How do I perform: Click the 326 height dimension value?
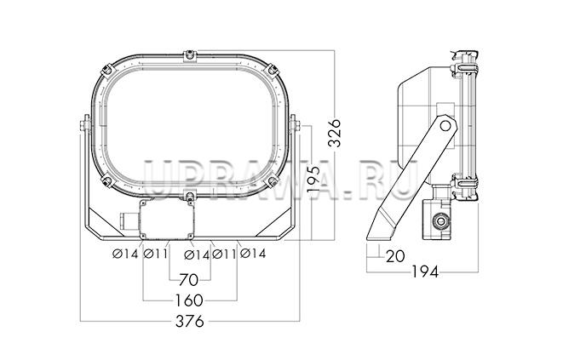tap(335, 133)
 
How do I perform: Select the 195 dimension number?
tap(313, 180)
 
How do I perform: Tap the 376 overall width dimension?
tap(190, 321)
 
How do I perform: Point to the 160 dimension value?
tap(189, 300)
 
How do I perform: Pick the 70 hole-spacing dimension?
tap(189, 280)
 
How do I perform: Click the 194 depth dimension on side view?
tap(425, 272)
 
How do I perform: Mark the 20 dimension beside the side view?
tap(395, 256)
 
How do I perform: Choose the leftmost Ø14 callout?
tap(125, 254)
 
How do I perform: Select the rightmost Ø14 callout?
tap(253, 254)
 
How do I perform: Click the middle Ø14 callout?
tap(197, 255)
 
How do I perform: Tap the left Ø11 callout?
tap(156, 254)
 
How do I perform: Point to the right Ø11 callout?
tap(224, 254)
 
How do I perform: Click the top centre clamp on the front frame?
tap(190, 56)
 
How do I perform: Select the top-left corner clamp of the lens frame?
tap(107, 71)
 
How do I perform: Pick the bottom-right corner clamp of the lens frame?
tap(272, 180)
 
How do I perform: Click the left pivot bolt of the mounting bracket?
tap(84, 125)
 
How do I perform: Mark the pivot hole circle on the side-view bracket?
tap(445, 126)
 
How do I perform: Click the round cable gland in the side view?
tap(439, 221)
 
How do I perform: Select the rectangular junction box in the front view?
tap(167, 220)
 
